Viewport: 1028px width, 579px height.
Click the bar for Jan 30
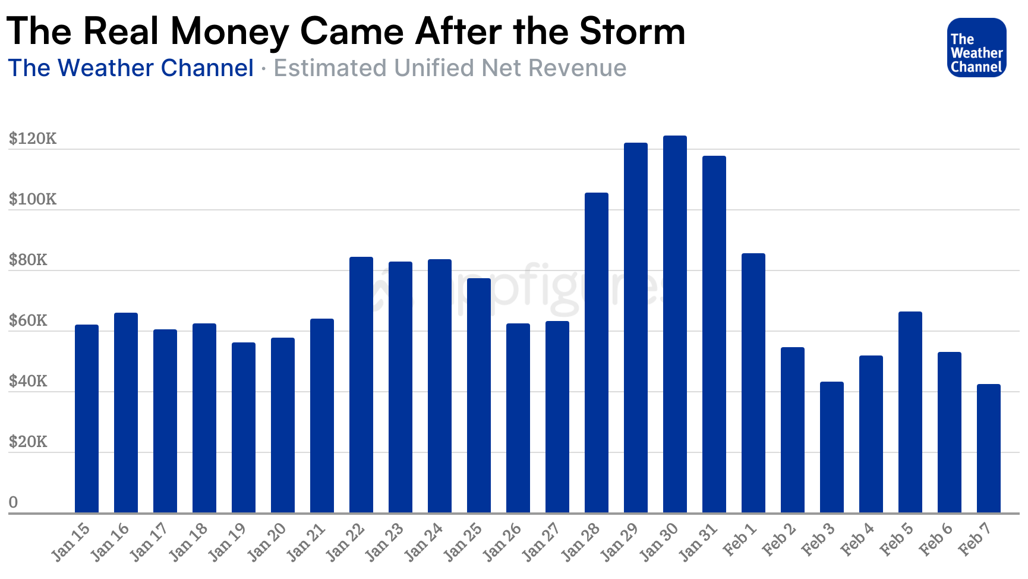click(674, 324)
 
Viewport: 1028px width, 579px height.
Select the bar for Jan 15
click(87, 418)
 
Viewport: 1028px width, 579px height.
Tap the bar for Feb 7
click(988, 448)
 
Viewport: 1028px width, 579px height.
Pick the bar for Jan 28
click(596, 353)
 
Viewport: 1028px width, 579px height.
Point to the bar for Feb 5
click(910, 412)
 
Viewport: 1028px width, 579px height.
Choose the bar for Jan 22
click(361, 385)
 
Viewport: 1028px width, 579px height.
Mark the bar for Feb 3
click(831, 447)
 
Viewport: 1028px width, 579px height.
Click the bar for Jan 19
click(244, 427)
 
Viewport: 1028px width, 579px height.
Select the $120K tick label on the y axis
click(33, 139)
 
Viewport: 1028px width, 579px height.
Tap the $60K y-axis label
click(28, 320)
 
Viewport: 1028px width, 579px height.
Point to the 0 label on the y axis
click(13, 502)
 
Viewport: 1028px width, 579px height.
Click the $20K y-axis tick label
click(28, 442)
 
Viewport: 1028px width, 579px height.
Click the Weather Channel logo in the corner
click(976, 48)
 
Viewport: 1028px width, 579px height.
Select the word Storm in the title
click(632, 31)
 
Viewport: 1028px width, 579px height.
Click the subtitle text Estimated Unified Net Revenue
click(450, 68)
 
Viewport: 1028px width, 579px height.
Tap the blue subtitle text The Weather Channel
click(131, 68)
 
